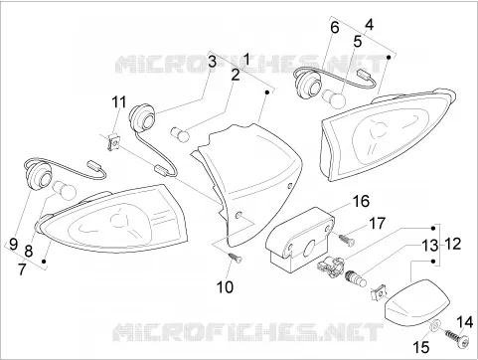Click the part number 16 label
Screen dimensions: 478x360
(361, 201)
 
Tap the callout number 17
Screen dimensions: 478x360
(377, 224)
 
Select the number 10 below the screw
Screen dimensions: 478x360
(225, 287)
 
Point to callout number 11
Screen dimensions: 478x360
(118, 102)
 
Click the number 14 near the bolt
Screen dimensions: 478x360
(465, 322)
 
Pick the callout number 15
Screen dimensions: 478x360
(420, 347)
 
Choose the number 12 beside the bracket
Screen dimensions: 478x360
(453, 245)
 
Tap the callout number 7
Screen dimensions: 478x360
(22, 270)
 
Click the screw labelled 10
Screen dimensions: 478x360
(236, 258)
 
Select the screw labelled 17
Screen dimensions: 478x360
(347, 240)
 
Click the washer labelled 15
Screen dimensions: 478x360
(435, 325)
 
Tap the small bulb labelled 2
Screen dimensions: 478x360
(180, 134)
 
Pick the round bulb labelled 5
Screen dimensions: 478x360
(334, 96)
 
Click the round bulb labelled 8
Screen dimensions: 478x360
(65, 190)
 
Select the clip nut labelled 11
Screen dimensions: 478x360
(113, 142)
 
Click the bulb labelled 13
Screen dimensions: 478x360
(356, 277)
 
